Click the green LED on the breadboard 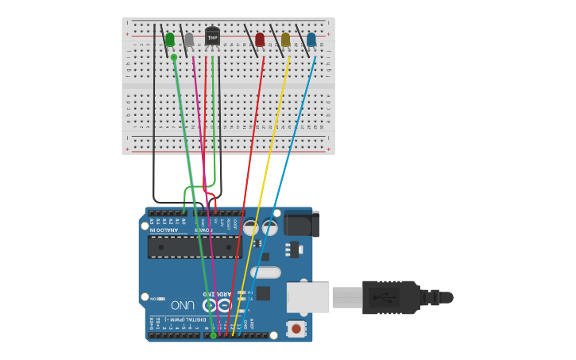point(169,39)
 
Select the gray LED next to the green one point(189,39)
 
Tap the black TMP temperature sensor point(212,37)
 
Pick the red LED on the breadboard point(260,39)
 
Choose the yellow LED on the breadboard point(285,39)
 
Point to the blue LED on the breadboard point(311,39)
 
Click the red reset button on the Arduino point(296,327)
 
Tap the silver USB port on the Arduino point(307,296)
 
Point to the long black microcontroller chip point(195,247)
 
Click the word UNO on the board point(182,305)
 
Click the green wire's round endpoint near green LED point(174,57)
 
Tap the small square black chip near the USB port point(263,293)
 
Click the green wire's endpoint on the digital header point(213,335)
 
